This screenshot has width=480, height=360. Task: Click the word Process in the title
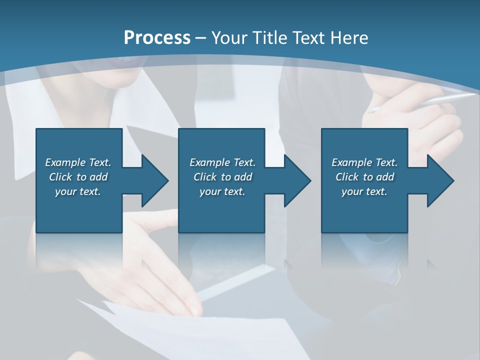[157, 38]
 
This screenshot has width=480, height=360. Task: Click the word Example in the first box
[65, 162]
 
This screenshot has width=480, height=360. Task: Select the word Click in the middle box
[204, 177]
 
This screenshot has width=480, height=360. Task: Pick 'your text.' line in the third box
[364, 191]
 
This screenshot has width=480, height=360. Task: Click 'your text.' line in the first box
[78, 191]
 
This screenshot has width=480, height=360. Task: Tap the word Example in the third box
[351, 162]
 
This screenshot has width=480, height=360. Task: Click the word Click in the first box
[60, 177]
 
